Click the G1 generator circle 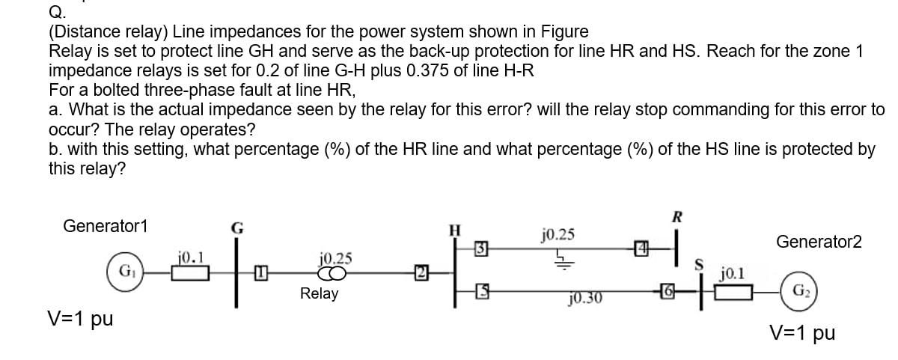[123, 269]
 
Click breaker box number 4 [641, 246]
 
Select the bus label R [677, 218]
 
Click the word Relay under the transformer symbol [319, 293]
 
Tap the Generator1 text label [106, 225]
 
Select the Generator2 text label [819, 242]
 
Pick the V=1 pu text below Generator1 [81, 319]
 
